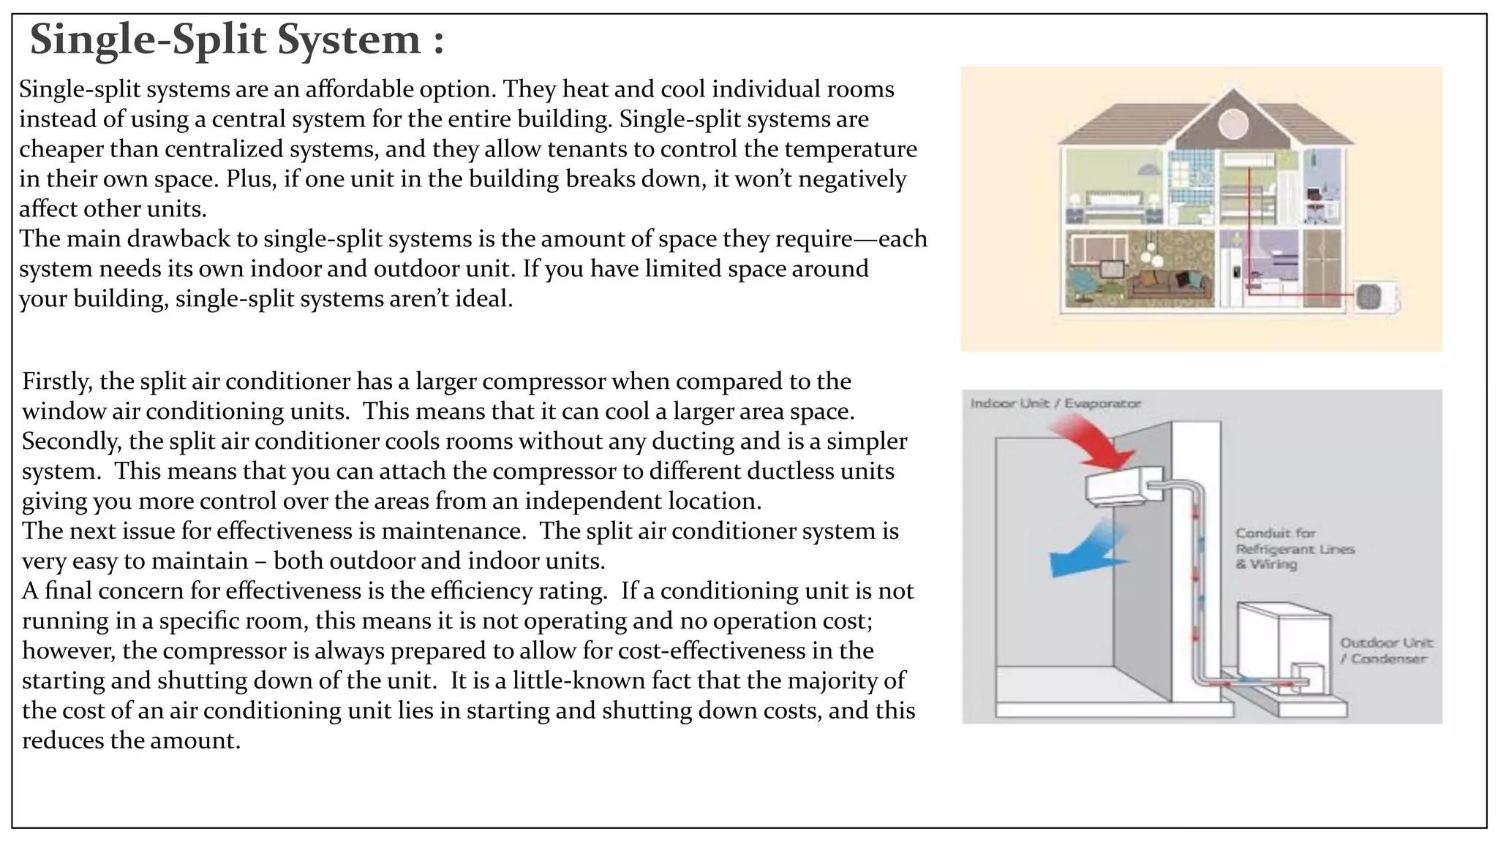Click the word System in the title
point(348,40)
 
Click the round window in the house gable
point(1232,123)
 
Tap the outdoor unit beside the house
point(1373,297)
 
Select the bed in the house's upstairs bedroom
point(1113,205)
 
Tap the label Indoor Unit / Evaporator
point(1055,403)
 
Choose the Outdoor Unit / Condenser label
point(1386,651)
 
